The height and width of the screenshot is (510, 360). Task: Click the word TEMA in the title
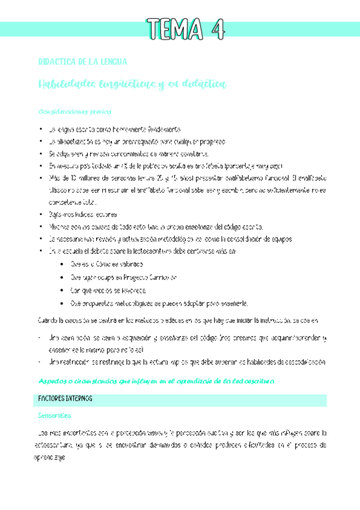pos(174,28)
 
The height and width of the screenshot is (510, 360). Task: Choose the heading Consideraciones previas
pos(75,112)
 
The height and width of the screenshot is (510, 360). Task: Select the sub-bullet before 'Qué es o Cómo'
pos(64,247)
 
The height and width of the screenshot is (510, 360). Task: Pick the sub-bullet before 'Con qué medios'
pos(64,275)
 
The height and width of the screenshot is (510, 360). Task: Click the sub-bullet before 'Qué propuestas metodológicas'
pos(64,289)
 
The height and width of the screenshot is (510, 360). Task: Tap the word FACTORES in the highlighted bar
pos(53,399)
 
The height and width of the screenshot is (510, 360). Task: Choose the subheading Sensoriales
pos(55,416)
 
